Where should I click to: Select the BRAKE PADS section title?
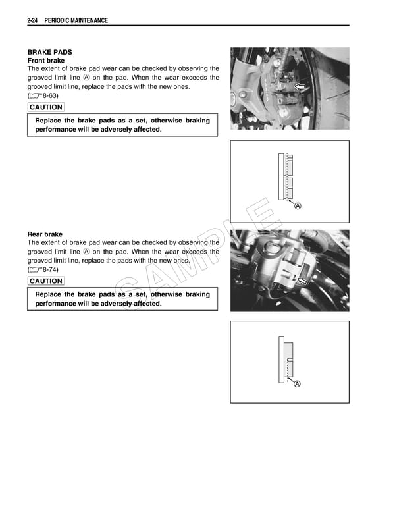pyautogui.click(x=49, y=52)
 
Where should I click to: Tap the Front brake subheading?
pyautogui.click(x=46, y=61)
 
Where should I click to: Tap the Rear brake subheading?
pyautogui.click(x=45, y=234)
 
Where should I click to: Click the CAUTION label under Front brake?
pyautogui.click(x=46, y=107)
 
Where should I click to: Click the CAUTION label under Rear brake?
pyautogui.click(x=46, y=281)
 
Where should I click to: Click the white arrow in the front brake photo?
pyautogui.click(x=301, y=87)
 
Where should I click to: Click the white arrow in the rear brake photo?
pyautogui.click(x=303, y=281)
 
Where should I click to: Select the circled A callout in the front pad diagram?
pyautogui.click(x=298, y=206)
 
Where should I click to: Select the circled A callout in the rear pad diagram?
pyautogui.click(x=298, y=384)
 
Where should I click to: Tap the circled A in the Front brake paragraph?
pyautogui.click(x=86, y=78)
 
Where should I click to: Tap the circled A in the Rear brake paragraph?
pyautogui.click(x=86, y=252)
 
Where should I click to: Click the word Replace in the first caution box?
pyautogui.click(x=50, y=121)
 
